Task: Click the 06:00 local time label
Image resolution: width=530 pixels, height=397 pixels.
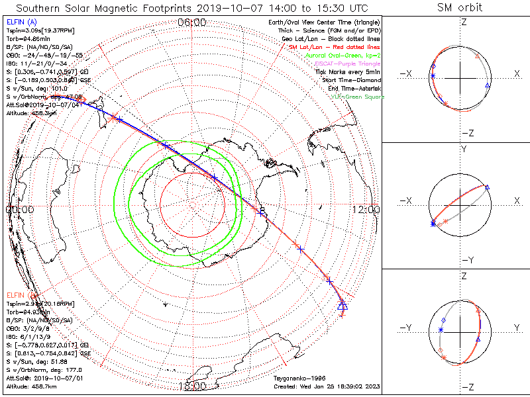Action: pyautogui.click(x=192, y=23)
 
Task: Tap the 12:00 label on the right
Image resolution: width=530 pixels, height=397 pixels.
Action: pyautogui.click(x=366, y=209)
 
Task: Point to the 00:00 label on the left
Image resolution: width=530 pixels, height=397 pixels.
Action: pyautogui.click(x=19, y=209)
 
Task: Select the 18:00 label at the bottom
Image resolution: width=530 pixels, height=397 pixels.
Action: pyautogui.click(x=192, y=386)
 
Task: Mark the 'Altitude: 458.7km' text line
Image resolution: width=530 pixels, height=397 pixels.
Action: pyautogui.click(x=32, y=385)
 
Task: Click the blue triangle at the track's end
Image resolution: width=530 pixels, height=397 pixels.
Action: pyautogui.click(x=343, y=304)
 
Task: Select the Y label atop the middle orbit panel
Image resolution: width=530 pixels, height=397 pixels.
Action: pyautogui.click(x=463, y=150)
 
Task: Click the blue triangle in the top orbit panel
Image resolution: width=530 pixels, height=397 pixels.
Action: pyautogui.click(x=488, y=86)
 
